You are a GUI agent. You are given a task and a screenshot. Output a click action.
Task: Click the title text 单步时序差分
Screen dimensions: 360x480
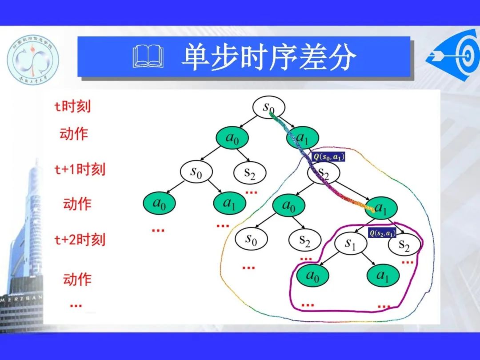269,58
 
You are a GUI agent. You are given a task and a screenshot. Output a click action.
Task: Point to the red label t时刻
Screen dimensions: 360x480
72,107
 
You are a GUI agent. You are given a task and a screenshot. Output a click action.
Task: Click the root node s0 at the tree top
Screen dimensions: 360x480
268,108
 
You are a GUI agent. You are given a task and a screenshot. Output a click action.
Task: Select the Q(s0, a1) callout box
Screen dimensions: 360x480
328,156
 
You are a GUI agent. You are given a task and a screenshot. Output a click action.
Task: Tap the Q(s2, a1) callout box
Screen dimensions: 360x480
382,233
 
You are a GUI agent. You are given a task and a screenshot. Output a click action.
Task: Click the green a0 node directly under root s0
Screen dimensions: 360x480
232,139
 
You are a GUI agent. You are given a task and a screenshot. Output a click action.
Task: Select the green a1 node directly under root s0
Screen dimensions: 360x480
303,139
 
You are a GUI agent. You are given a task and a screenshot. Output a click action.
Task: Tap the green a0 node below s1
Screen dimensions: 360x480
313,276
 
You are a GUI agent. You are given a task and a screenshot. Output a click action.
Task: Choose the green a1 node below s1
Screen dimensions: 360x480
383,276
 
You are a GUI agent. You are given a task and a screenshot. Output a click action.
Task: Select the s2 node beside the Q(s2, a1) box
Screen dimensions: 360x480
404,245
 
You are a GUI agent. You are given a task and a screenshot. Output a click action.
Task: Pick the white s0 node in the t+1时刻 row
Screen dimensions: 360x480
196,172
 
